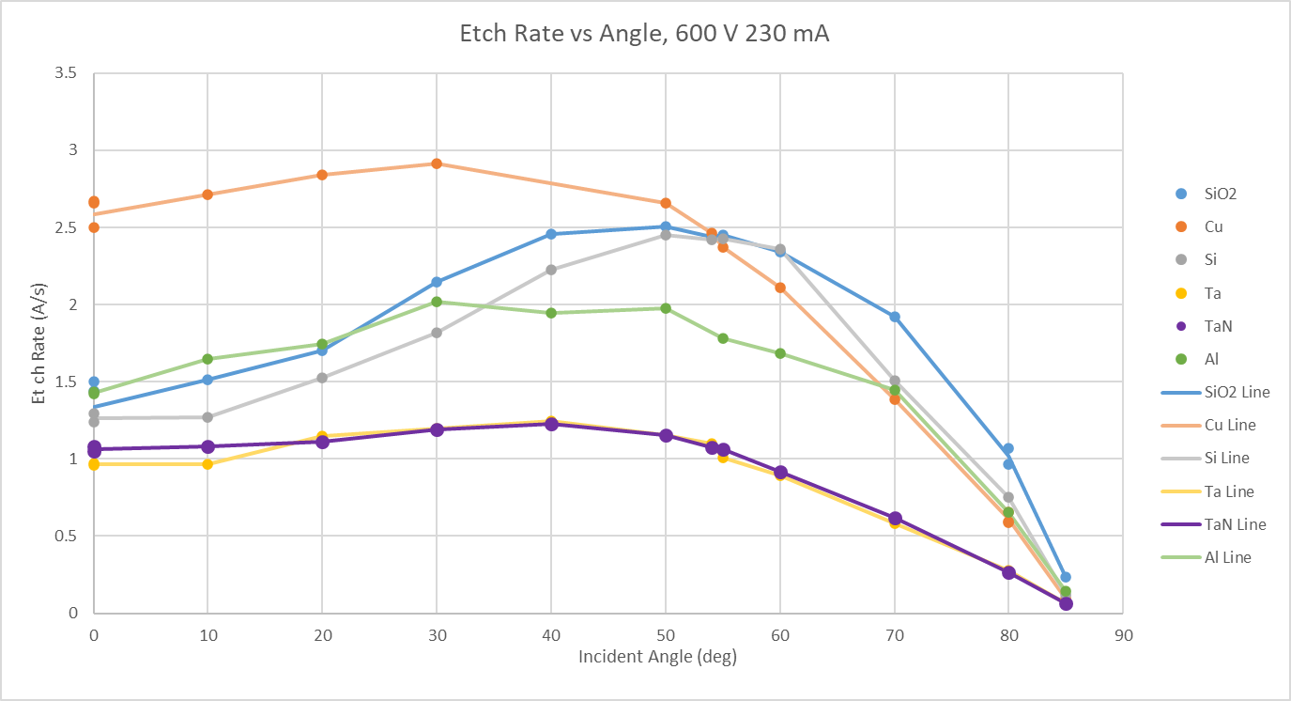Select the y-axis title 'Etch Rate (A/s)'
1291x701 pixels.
click(x=38, y=343)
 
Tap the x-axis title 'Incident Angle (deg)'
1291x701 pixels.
click(x=657, y=657)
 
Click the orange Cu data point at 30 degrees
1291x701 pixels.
click(x=437, y=164)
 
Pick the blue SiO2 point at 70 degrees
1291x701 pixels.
click(x=895, y=317)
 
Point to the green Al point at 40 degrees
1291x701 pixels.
click(x=551, y=313)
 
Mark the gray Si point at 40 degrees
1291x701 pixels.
click(x=551, y=270)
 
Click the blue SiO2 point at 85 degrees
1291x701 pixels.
click(x=1066, y=577)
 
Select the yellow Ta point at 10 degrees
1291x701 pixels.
click(x=207, y=464)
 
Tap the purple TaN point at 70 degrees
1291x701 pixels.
click(x=895, y=518)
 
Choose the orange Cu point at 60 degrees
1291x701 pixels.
click(x=780, y=288)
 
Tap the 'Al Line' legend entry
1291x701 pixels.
click(x=1206, y=557)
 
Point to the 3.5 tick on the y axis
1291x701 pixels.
click(x=65, y=72)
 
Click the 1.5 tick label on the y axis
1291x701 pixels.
click(x=65, y=382)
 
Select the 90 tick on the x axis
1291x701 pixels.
click(x=1123, y=636)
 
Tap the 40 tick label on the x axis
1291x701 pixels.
click(x=551, y=636)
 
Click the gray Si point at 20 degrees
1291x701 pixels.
click(x=322, y=378)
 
